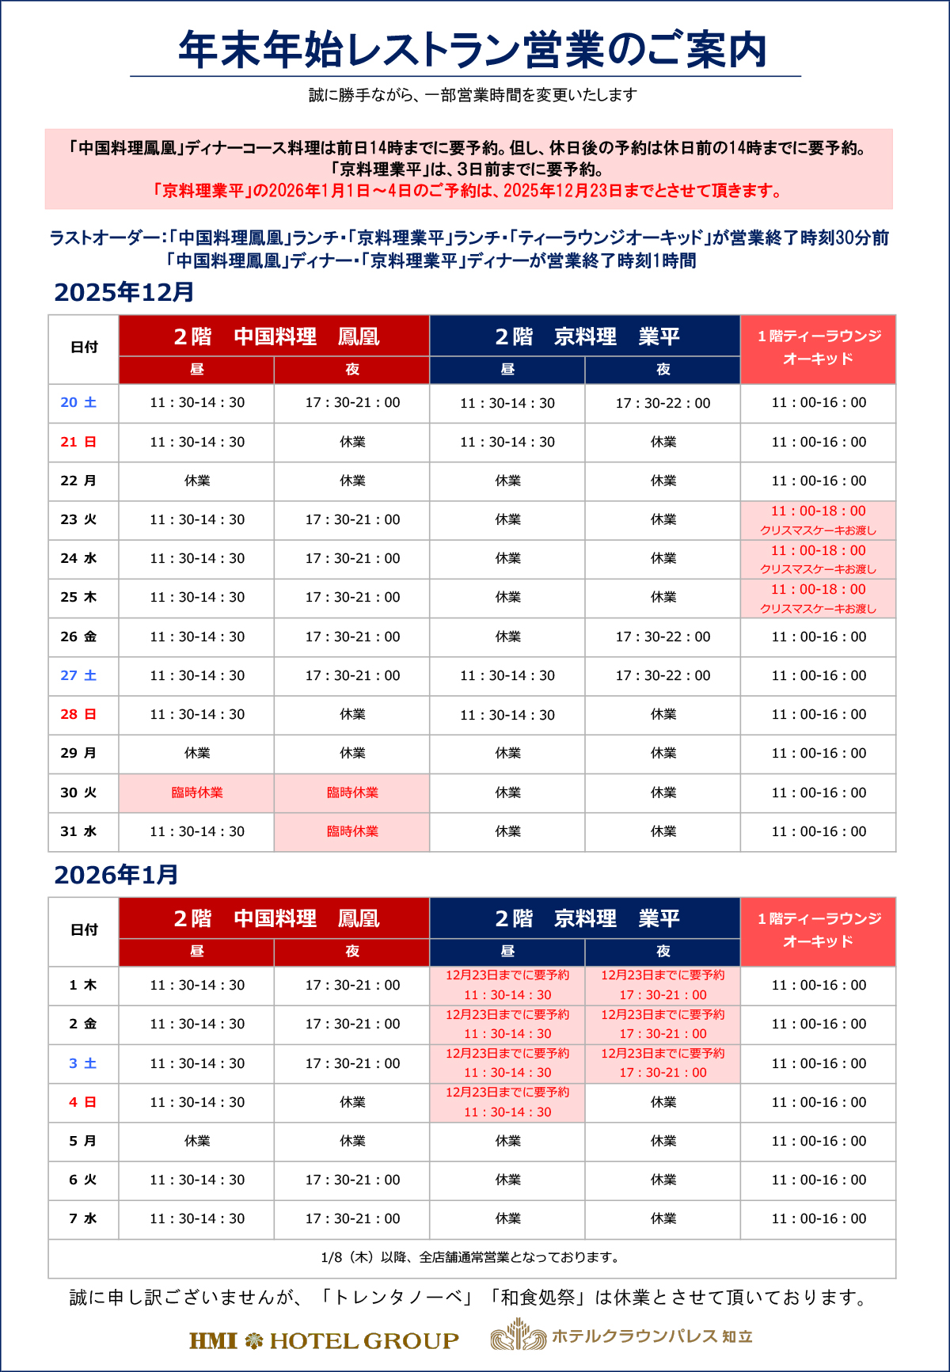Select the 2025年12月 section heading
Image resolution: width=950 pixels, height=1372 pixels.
pyautogui.click(x=124, y=292)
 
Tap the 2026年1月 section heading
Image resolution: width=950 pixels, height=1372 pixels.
pyautogui.click(x=116, y=875)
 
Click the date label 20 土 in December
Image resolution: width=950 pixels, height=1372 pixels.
pyautogui.click(x=78, y=402)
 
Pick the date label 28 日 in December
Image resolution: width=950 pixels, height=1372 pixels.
pyautogui.click(x=78, y=714)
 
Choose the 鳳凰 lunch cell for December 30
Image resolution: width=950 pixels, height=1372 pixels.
pyautogui.click(x=197, y=792)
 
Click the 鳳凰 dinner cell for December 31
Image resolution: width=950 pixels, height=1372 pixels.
pyautogui.click(x=352, y=831)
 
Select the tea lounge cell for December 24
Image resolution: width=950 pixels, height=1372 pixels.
pyautogui.click(x=819, y=559)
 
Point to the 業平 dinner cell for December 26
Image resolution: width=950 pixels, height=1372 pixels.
pyautogui.click(x=663, y=637)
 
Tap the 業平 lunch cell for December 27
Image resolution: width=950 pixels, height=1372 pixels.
pyautogui.click(x=507, y=675)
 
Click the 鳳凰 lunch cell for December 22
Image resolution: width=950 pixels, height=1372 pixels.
pyautogui.click(x=197, y=481)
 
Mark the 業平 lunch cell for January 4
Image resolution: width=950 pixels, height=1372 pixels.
pyautogui.click(x=507, y=1102)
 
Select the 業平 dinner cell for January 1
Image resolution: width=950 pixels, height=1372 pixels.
pyautogui.click(x=663, y=985)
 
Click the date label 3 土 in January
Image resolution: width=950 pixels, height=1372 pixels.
pyautogui.click(x=82, y=1063)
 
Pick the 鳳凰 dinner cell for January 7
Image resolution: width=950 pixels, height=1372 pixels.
pyautogui.click(x=352, y=1218)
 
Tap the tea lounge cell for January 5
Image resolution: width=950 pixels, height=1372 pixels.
pyautogui.click(x=819, y=1141)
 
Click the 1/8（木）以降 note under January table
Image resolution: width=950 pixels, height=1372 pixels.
pyautogui.click(x=472, y=1257)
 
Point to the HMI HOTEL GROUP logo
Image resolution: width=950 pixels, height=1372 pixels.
pyautogui.click(x=324, y=1340)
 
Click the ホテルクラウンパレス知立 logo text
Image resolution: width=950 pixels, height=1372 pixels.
pyautogui.click(x=652, y=1336)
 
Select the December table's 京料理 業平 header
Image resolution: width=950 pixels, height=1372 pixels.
pyautogui.click(x=586, y=336)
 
